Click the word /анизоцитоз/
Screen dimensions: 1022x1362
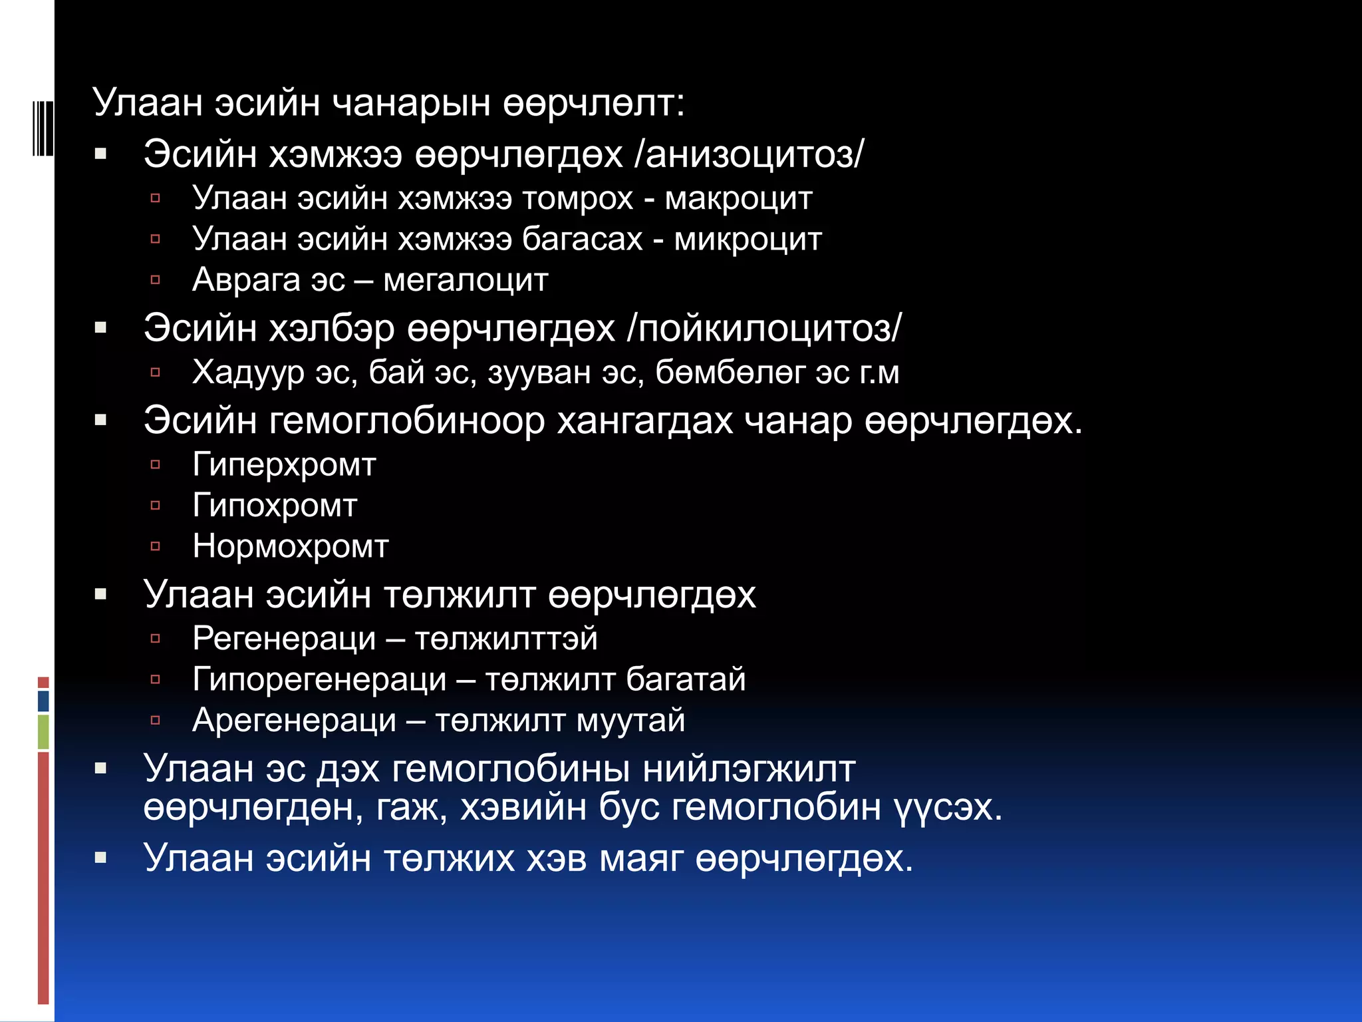[749, 154]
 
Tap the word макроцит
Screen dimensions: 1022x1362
[738, 199]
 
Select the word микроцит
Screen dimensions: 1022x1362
[748, 240]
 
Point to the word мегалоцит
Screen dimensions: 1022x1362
[466, 280]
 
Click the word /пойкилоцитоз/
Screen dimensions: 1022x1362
[764, 328]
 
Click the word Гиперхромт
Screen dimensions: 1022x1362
[284, 465]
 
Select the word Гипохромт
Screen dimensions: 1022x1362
[275, 506]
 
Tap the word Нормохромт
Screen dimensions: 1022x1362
[290, 546]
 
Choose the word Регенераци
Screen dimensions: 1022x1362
[284, 639]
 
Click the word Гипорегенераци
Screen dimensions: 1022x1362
[319, 680]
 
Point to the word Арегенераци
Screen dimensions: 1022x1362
[294, 721]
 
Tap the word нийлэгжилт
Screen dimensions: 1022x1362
[749, 769]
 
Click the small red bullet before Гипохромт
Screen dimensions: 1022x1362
[156, 506]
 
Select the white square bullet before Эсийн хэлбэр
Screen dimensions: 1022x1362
[101, 327]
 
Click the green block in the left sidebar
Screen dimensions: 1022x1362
[43, 731]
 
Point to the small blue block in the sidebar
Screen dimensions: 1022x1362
[43, 701]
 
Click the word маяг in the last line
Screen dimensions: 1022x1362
[641, 858]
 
